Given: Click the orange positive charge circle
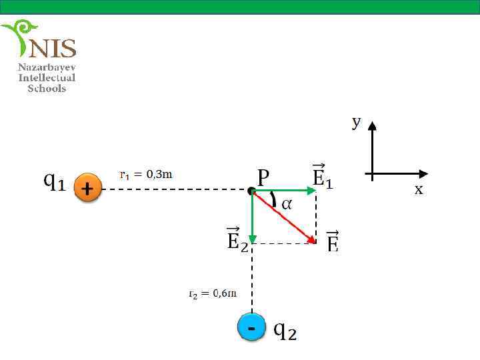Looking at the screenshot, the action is (87, 189).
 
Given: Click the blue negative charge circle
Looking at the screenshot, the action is (251, 327).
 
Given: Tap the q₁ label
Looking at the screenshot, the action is (54, 181).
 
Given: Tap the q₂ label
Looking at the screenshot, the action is (285, 330).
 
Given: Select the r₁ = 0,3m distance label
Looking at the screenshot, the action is (146, 175).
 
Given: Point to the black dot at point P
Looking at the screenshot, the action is (251, 191).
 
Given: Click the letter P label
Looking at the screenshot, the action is (263, 177).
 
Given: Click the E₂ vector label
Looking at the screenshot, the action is (237, 239).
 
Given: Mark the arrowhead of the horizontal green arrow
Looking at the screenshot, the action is (312, 191).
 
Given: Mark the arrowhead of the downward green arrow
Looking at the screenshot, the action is (252, 239).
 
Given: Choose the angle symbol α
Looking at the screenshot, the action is (286, 204).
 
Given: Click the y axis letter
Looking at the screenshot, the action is (357, 121).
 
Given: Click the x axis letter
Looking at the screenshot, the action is (419, 190).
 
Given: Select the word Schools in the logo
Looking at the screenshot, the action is (47, 88).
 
